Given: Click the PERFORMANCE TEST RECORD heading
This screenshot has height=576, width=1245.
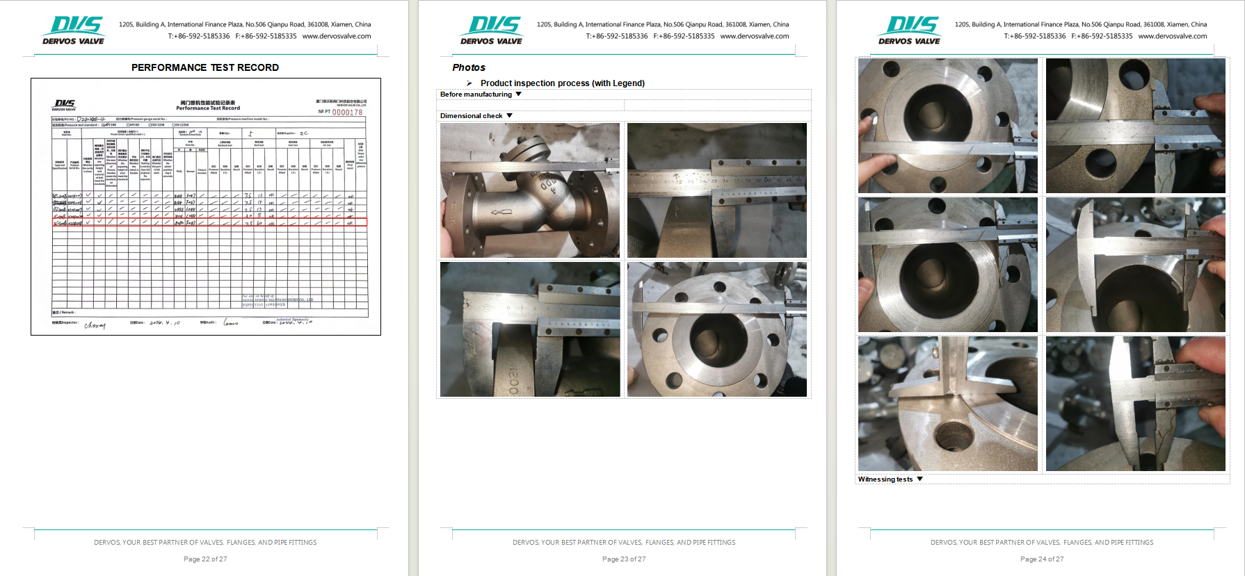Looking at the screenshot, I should coord(205,67).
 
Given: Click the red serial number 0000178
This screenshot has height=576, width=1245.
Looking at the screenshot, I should coord(347,113).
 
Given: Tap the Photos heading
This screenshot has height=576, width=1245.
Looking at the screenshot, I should coord(469,67).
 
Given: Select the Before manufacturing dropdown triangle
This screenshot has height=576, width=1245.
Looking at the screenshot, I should coord(519,94).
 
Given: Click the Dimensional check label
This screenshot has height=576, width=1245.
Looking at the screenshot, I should coord(471,116).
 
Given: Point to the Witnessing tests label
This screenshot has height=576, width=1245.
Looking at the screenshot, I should coord(885,479).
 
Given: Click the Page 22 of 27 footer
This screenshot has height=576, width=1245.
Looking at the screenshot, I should coord(205,559).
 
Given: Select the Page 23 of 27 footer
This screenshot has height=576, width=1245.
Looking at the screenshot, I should coord(624,559).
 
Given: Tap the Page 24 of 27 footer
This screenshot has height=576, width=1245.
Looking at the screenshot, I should coord(1042,559).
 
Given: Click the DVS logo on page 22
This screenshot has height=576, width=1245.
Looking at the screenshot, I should coord(74,30).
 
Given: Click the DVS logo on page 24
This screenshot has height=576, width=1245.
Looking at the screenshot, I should coord(910,30).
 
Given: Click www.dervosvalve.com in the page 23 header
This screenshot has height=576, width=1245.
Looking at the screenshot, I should coord(755,36).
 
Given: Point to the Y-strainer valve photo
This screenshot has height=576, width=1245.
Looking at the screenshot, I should coord(530,190).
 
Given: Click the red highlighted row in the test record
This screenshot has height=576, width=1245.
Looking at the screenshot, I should coord(209,223).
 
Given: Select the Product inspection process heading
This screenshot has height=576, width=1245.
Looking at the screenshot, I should coord(562,83).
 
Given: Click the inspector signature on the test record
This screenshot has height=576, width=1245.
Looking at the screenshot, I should coord(95,324).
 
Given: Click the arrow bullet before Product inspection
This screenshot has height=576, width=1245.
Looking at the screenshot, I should coord(469,83).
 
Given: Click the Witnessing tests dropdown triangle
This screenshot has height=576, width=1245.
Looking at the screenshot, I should coord(920,479).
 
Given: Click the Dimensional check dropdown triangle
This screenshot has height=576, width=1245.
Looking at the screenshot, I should coord(509,116).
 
